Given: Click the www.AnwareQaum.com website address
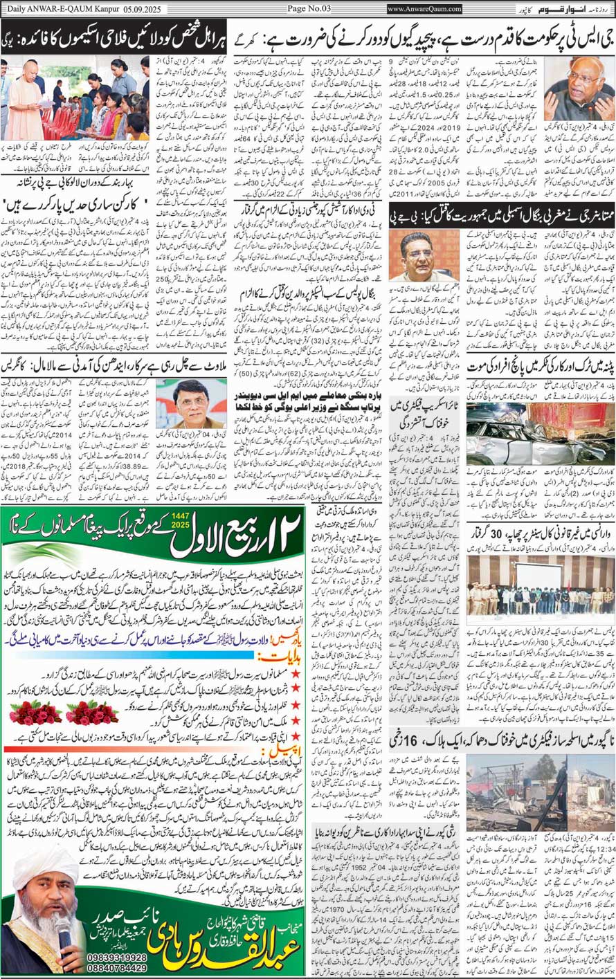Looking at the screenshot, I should click(424, 9).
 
